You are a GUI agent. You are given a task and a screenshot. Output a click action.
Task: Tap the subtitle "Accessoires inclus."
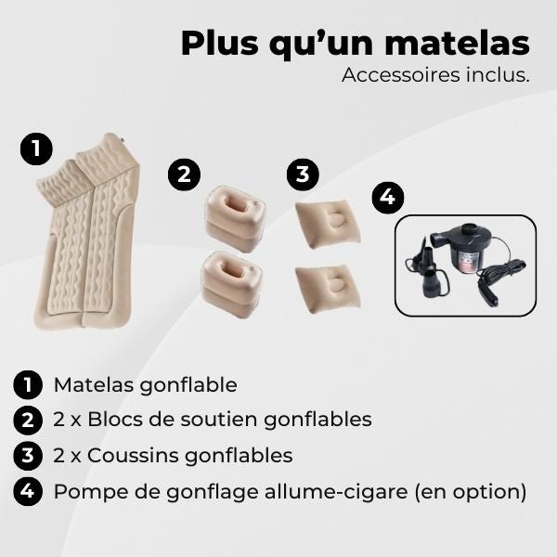click(435, 75)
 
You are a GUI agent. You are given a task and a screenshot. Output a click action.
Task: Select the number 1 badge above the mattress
click(35, 149)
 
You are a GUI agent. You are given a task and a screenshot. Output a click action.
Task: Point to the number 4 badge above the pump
click(388, 198)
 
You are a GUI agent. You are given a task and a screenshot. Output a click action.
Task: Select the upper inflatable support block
click(231, 219)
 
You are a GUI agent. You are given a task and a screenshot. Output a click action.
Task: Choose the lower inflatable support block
click(231, 282)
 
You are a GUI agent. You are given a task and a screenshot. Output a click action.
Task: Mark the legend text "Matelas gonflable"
click(145, 384)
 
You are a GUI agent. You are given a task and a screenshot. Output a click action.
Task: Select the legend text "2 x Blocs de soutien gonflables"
click(212, 420)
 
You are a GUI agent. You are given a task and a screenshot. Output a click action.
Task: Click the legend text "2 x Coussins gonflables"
click(173, 455)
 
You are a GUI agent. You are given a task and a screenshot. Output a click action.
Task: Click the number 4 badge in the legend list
click(29, 490)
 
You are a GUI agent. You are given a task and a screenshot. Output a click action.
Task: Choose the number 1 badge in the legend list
click(29, 384)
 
